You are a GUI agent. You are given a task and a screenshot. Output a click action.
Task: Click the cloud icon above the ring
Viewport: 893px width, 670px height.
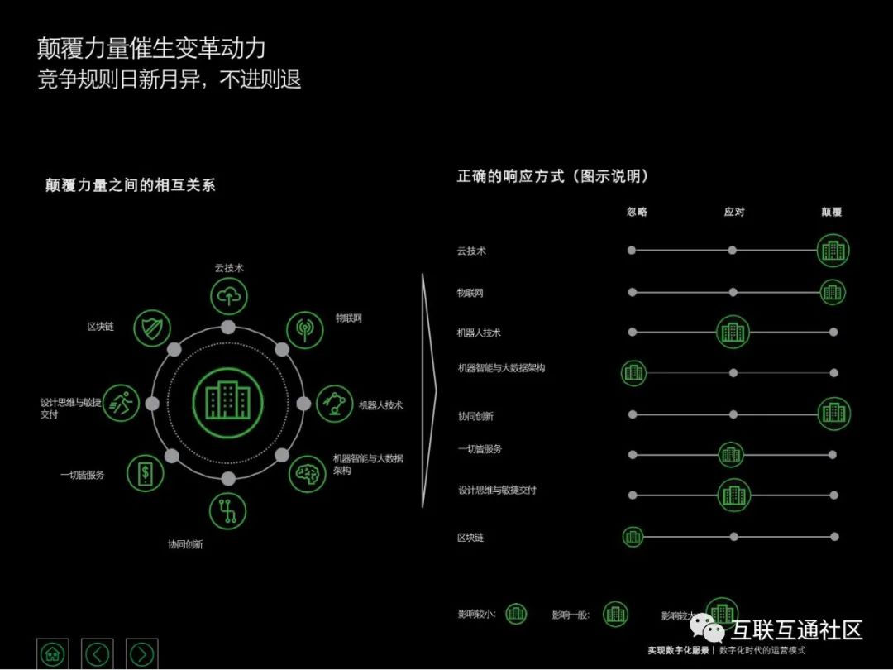point(228,295)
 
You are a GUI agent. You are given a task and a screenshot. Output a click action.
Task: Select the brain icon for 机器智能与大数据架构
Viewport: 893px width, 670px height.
point(307,472)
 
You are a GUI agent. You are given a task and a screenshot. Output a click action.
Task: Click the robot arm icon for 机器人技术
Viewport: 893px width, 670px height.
point(335,404)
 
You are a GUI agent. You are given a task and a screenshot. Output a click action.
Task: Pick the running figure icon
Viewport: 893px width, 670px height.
point(122,403)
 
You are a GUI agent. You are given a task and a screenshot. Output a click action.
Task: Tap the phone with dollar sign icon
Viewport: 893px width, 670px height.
point(145,473)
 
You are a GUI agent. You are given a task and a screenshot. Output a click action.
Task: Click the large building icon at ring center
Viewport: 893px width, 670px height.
point(227,402)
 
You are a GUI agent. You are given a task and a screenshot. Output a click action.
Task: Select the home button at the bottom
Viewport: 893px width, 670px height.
point(54,653)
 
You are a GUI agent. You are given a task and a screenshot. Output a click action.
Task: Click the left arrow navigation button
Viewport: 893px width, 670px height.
point(98,653)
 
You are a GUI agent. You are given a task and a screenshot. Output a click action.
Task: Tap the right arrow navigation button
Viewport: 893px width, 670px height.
point(141,653)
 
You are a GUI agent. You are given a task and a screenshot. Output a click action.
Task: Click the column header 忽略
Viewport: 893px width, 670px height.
point(637,212)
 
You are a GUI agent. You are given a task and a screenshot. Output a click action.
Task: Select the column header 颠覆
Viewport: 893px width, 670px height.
point(831,212)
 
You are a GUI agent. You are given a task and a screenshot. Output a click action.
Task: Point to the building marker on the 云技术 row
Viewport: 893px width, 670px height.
point(833,250)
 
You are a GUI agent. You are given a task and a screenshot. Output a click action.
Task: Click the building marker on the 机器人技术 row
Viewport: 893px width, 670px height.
point(733,332)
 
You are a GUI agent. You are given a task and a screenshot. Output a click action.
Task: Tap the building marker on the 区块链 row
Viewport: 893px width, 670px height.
point(633,537)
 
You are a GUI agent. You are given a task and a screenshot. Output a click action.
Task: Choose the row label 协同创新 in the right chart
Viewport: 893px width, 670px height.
point(475,416)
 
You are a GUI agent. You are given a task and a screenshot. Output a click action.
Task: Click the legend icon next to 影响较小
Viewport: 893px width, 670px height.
point(516,614)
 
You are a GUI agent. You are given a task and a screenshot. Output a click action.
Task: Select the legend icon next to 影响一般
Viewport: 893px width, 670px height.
point(615,614)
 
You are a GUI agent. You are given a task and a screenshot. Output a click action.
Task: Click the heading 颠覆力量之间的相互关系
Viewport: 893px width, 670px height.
point(130,185)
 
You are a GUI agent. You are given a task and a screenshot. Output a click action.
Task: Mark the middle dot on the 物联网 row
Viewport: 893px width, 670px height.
point(733,292)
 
